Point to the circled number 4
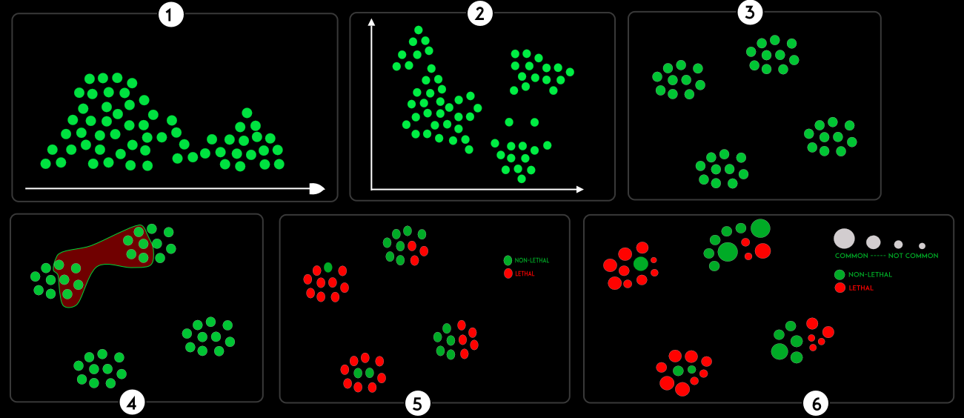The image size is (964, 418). [x=132, y=403]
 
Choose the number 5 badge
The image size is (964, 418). [x=417, y=403]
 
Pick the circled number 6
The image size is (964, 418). [x=816, y=404]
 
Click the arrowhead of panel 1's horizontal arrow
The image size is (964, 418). [x=317, y=189]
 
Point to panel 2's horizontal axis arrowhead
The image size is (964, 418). [x=579, y=190]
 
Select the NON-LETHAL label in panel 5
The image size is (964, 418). [x=531, y=261]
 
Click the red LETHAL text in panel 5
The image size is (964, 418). [x=524, y=274]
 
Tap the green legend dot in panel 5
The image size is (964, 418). [x=508, y=261]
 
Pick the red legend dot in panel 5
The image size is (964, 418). [x=508, y=274]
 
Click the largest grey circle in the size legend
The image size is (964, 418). [x=844, y=238]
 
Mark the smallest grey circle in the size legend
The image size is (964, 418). [x=922, y=245]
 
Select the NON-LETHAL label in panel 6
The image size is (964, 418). [x=871, y=275]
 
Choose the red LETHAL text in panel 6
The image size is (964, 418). [x=861, y=288]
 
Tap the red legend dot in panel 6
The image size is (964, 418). [x=840, y=288]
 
